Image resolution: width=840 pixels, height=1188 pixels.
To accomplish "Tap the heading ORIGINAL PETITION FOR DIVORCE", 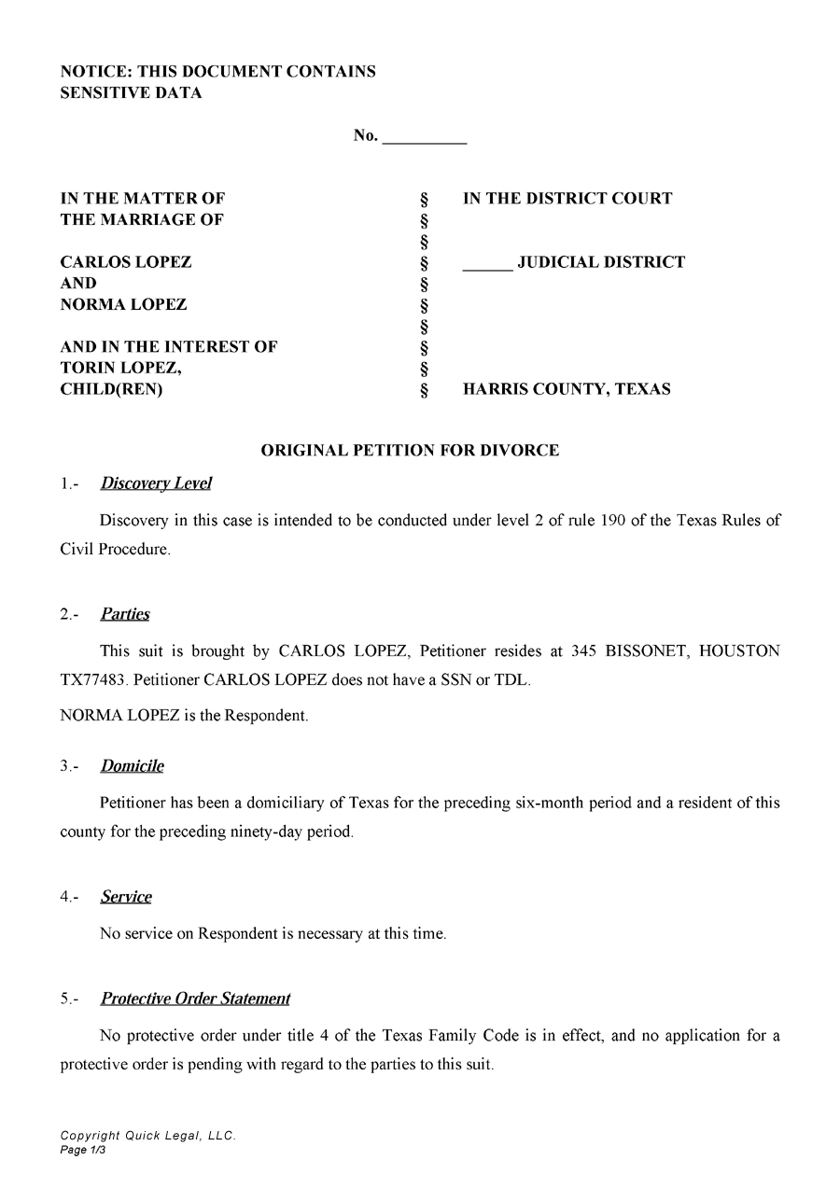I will click(410, 451).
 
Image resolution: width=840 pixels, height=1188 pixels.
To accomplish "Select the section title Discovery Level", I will click(156, 483).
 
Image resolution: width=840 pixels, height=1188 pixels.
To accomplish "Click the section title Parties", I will click(125, 614).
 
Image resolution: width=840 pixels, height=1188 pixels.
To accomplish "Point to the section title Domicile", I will click(132, 766).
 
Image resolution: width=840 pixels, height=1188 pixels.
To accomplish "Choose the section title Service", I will click(126, 897).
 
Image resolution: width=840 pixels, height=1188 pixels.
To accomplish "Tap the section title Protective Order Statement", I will click(195, 999).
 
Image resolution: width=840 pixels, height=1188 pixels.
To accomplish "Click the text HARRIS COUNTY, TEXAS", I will click(567, 390).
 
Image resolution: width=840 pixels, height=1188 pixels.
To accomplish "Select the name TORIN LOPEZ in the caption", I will click(120, 368).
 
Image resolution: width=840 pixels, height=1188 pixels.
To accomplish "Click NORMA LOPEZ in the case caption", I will click(123, 304).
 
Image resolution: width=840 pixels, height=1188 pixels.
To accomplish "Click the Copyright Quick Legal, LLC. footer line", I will click(147, 1136).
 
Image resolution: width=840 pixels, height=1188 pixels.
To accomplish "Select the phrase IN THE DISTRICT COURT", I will click(567, 199).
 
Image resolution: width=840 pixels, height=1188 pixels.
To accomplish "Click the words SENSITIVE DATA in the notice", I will click(131, 93).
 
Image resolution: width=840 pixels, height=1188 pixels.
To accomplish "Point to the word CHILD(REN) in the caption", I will click(111, 390).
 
